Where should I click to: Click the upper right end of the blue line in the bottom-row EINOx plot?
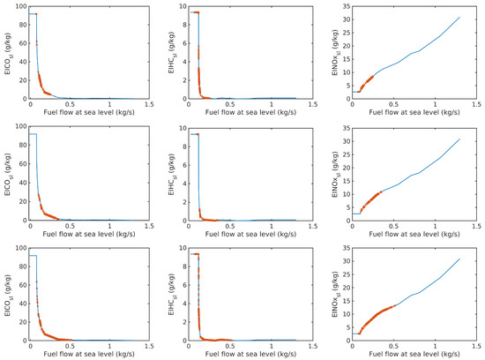460,259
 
